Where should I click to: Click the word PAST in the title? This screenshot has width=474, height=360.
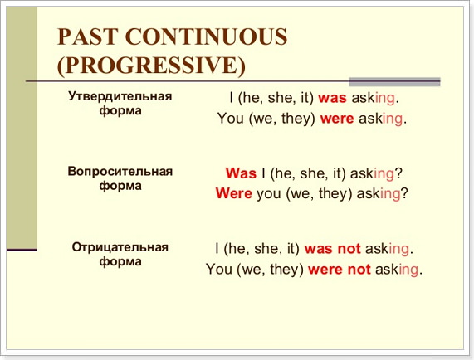(87, 36)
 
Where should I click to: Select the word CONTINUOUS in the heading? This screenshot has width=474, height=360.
(206, 36)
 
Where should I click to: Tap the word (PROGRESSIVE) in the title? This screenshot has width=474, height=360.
(151, 66)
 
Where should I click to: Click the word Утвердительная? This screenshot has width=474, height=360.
(120, 96)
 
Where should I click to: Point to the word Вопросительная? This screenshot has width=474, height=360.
(120, 171)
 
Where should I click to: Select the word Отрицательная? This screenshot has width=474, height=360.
(120, 247)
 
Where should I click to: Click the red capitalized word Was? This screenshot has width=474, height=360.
(241, 173)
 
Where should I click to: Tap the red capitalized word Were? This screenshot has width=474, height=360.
(233, 193)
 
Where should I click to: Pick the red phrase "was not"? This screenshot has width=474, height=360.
(333, 249)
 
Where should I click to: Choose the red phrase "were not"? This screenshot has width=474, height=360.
(340, 269)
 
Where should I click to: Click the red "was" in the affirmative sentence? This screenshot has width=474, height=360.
(332, 99)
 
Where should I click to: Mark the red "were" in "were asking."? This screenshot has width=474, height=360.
(337, 119)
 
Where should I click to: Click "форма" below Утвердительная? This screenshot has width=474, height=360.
(120, 111)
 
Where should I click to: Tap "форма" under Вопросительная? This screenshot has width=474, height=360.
(120, 186)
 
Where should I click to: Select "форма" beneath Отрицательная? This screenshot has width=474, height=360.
(120, 262)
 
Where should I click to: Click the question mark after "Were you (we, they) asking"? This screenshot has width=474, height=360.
(404, 193)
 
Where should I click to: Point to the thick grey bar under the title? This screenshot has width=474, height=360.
(394, 81)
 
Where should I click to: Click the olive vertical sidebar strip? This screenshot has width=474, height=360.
(22, 128)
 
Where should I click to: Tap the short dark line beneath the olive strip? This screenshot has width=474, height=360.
(22, 250)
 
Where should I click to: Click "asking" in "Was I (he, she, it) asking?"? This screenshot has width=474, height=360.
(373, 174)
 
